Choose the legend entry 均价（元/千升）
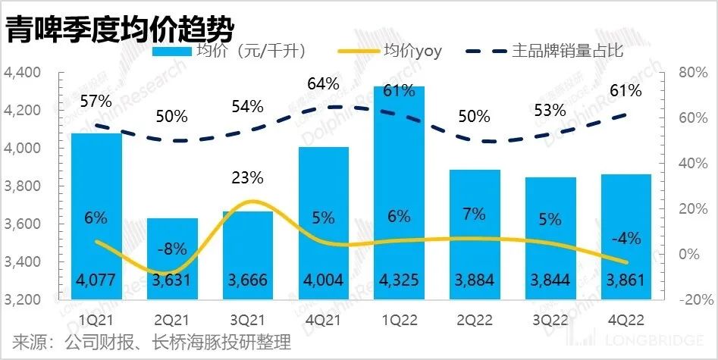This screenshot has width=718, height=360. pyautogui.click(x=249, y=52)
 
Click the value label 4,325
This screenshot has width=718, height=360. pyautogui.click(x=399, y=280)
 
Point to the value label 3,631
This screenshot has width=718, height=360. pyautogui.click(x=171, y=280)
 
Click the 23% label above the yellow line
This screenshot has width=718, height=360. pyautogui.click(x=247, y=178)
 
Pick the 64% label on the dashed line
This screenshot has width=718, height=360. pyautogui.click(x=323, y=83)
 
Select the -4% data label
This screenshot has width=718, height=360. pyautogui.click(x=626, y=238)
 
